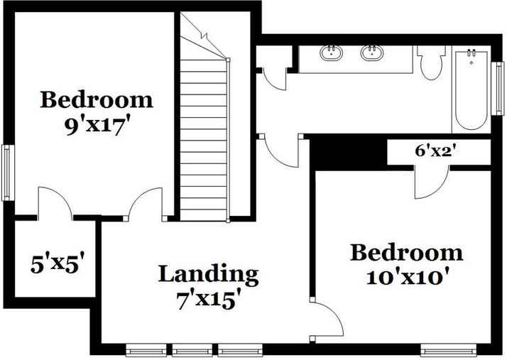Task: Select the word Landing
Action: pos(207,273)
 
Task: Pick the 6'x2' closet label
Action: pos(434,151)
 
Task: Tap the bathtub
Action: pos(470,89)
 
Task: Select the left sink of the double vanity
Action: pos(330,52)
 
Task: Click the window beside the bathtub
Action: pos(498,88)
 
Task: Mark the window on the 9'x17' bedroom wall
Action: pos(6,173)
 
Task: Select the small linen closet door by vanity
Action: pos(274,75)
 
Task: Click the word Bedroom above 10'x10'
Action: pos(405,252)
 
